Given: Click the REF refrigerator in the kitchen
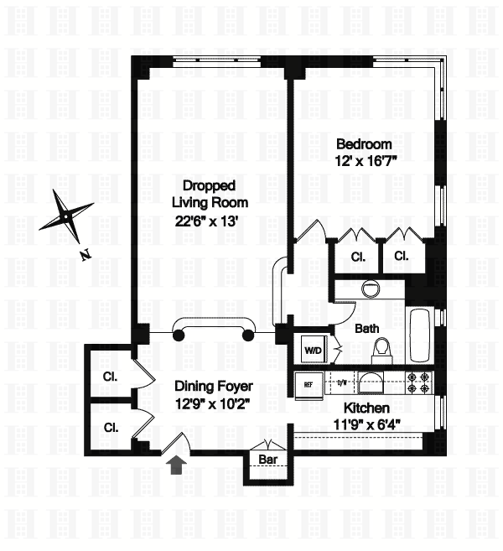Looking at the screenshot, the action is (308, 385).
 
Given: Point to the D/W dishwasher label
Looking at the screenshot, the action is (341, 383).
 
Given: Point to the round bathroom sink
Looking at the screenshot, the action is (370, 289).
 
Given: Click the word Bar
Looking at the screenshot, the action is (268, 460).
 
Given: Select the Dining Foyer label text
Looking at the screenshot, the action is (214, 387).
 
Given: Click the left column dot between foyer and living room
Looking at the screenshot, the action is (178, 335).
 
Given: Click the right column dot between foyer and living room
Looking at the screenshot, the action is (247, 335).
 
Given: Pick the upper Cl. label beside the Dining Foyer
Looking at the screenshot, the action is (111, 377).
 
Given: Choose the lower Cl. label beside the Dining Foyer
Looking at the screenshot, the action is (111, 427).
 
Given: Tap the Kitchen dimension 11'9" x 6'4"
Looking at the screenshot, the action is (367, 424).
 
